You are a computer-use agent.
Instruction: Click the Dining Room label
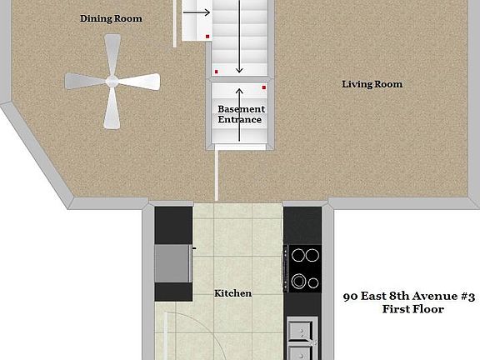point(111,18)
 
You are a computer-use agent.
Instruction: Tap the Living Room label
point(372,84)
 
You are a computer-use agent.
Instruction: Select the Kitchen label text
point(232,293)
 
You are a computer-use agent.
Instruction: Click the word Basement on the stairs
point(241,109)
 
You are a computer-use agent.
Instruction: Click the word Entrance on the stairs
point(240,120)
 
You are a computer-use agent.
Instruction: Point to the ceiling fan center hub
point(111,81)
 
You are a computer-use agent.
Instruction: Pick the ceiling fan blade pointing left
point(84,81)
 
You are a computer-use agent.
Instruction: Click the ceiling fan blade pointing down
point(111,110)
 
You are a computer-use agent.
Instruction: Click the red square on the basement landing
point(264,87)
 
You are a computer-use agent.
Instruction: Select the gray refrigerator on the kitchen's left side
point(172,265)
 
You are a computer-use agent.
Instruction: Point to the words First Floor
point(412,309)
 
